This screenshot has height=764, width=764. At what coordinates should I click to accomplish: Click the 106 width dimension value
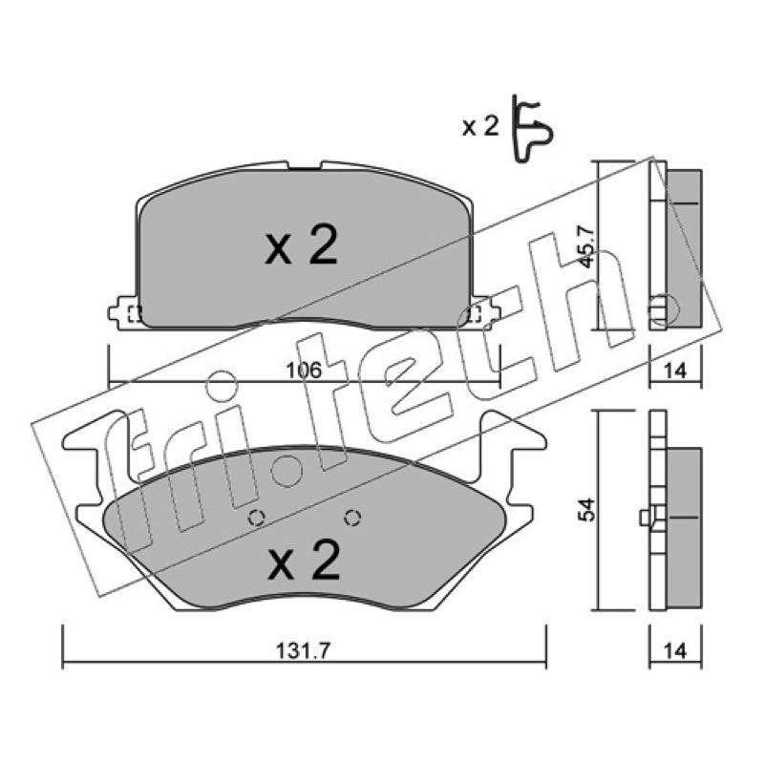click(304, 371)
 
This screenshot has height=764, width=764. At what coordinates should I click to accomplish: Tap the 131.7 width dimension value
click(303, 650)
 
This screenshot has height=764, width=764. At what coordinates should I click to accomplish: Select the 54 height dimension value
click(586, 510)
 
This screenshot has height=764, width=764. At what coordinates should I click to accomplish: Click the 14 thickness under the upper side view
click(675, 371)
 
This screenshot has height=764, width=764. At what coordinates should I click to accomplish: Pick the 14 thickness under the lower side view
click(675, 650)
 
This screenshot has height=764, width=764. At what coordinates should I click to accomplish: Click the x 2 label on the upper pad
click(301, 245)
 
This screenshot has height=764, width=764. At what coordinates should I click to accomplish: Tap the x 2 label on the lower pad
click(303, 559)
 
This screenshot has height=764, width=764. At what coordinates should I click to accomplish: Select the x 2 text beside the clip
click(480, 127)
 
